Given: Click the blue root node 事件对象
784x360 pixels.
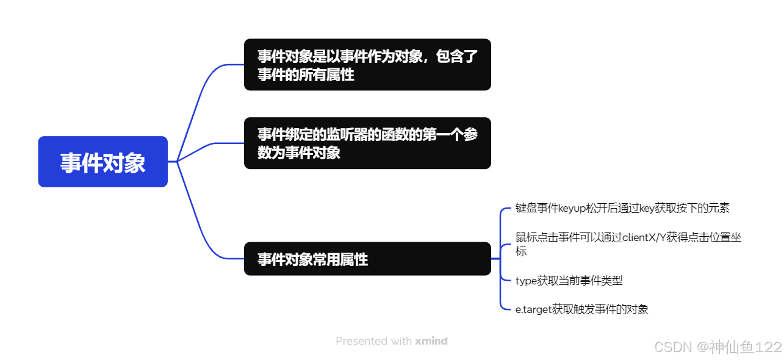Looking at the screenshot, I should pos(102,162).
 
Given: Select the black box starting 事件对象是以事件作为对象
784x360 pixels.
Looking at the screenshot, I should pos(367,65).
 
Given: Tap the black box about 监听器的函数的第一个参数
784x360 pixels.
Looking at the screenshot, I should pos(367,143).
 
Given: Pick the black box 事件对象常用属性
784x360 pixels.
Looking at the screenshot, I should pos(367,259).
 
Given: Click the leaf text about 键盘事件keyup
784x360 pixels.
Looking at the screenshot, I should pos(622,208).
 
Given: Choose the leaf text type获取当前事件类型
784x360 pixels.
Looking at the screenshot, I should pos(569,281).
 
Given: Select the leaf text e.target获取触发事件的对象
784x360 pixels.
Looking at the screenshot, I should pos(581,309).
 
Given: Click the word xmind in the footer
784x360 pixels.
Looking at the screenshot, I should pos(431,341).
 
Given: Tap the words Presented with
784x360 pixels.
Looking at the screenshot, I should pos(373,341).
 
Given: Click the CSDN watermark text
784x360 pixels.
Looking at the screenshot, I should pos(672,347).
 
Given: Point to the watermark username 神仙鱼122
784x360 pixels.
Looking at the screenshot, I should pos(746,347).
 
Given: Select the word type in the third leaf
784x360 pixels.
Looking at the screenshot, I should pos(526,281).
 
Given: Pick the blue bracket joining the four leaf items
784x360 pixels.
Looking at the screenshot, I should pos(500,259).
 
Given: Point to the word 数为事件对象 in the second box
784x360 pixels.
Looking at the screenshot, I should pos(299,153).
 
